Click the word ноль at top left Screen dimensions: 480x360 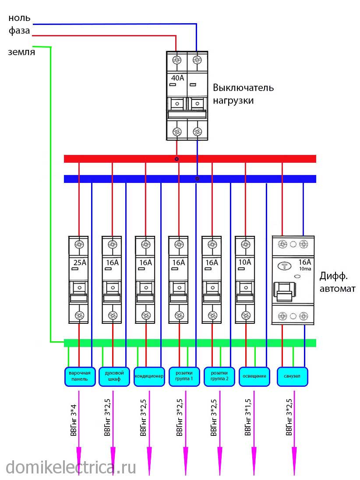click(x=19, y=18)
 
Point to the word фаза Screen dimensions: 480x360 click(x=19, y=31)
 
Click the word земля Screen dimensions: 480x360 click(x=21, y=52)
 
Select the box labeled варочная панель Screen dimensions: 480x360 click(x=79, y=376)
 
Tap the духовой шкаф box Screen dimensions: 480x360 click(x=114, y=376)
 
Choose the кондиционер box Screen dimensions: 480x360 click(x=149, y=376)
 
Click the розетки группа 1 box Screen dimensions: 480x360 click(x=184, y=376)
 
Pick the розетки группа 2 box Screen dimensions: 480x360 click(x=219, y=376)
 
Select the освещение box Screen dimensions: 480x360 click(x=254, y=376)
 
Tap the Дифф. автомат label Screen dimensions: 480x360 click(x=337, y=282)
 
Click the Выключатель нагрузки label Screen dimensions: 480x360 click(x=243, y=94)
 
